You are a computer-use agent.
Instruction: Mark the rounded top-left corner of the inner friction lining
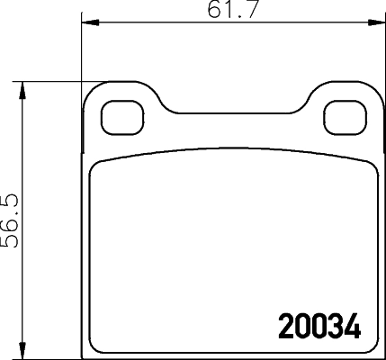click(x=96, y=165)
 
